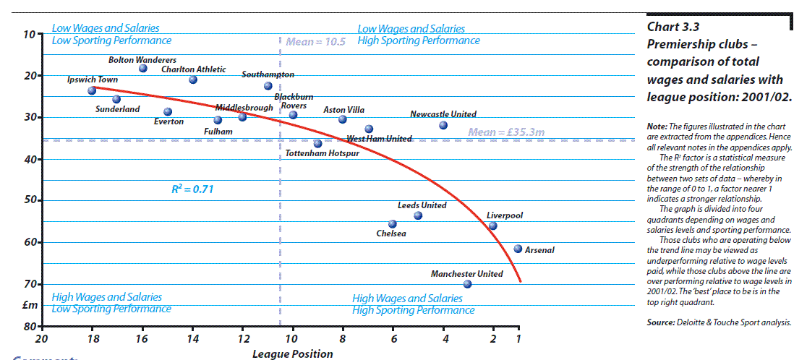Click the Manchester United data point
(467, 284)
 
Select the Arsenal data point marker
(518, 249)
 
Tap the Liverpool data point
(492, 226)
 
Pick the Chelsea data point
(393, 224)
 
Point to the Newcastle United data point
(443, 125)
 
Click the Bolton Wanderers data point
(143, 69)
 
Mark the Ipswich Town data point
(92, 90)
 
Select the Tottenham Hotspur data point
(317, 144)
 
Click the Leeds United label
(422, 205)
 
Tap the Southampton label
(268, 74)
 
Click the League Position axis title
(293, 354)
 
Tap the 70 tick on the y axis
(29, 284)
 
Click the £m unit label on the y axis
(29, 305)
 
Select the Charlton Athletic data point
(193, 80)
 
